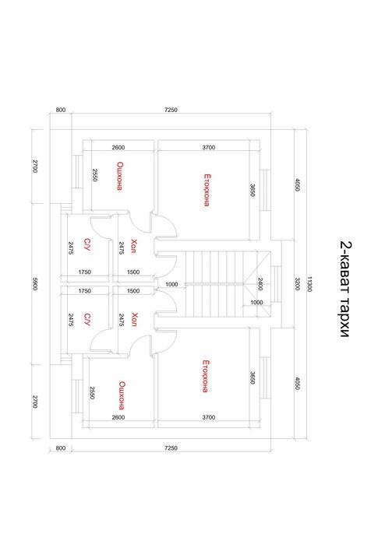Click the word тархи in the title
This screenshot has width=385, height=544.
(344, 317)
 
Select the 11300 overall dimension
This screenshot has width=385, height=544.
(309, 284)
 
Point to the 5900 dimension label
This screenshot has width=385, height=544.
(35, 284)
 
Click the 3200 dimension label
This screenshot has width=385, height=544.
(298, 284)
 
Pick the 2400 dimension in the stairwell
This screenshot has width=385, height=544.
(260, 284)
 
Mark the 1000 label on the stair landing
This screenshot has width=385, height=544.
(256, 303)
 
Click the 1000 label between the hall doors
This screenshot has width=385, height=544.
(171, 285)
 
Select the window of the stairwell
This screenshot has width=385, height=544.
(276, 284)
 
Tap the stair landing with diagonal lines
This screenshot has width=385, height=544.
(256, 284)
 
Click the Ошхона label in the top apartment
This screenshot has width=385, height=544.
(120, 176)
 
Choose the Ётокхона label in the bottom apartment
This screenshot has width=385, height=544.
(206, 376)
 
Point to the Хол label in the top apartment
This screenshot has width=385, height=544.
(134, 246)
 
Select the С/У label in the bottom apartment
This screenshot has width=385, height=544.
(87, 319)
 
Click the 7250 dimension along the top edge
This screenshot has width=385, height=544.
(171, 110)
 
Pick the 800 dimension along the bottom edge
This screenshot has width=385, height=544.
(61, 448)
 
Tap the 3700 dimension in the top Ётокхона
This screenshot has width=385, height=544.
(209, 147)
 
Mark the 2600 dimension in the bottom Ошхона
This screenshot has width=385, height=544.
(118, 417)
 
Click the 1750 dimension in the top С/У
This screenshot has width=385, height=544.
(84, 272)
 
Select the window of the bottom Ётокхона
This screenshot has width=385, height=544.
(265, 377)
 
